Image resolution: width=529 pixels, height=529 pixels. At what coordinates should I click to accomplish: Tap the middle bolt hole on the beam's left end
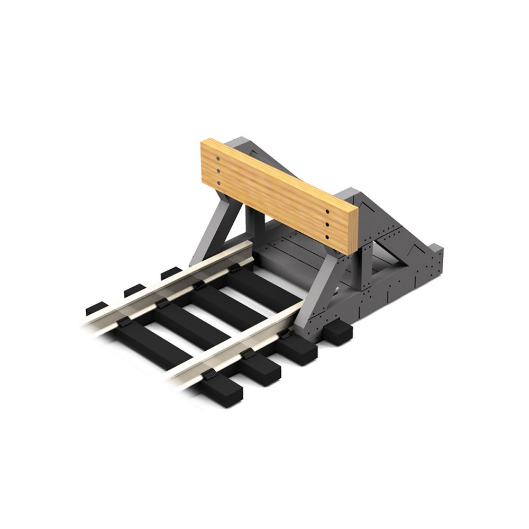point(218,171)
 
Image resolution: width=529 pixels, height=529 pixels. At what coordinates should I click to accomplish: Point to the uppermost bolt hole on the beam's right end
point(327,212)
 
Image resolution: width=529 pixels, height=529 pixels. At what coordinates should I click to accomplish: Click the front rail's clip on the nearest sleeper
point(209,375)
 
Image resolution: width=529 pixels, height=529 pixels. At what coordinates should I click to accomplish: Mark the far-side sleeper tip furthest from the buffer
point(96,307)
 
